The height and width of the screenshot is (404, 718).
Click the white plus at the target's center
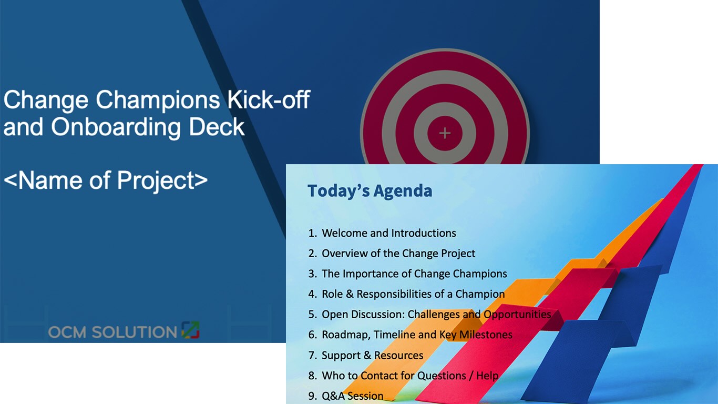click(445, 133)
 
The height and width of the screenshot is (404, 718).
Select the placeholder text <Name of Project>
click(106, 180)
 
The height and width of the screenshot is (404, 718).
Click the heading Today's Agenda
click(370, 191)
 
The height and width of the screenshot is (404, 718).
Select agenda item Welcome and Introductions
click(388, 233)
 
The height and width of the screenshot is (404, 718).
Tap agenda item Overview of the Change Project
click(398, 254)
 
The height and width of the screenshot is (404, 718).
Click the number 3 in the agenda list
click(312, 274)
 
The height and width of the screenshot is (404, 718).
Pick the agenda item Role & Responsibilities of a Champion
click(413, 294)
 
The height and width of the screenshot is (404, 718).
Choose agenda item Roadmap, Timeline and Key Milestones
click(416, 335)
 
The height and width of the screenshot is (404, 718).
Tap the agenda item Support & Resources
click(372, 356)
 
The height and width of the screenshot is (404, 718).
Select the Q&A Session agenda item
click(352, 396)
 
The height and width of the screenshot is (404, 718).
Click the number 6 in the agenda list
click(312, 335)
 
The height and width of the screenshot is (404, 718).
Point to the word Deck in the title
click(221, 127)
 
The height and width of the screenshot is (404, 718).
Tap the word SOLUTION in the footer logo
click(134, 332)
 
